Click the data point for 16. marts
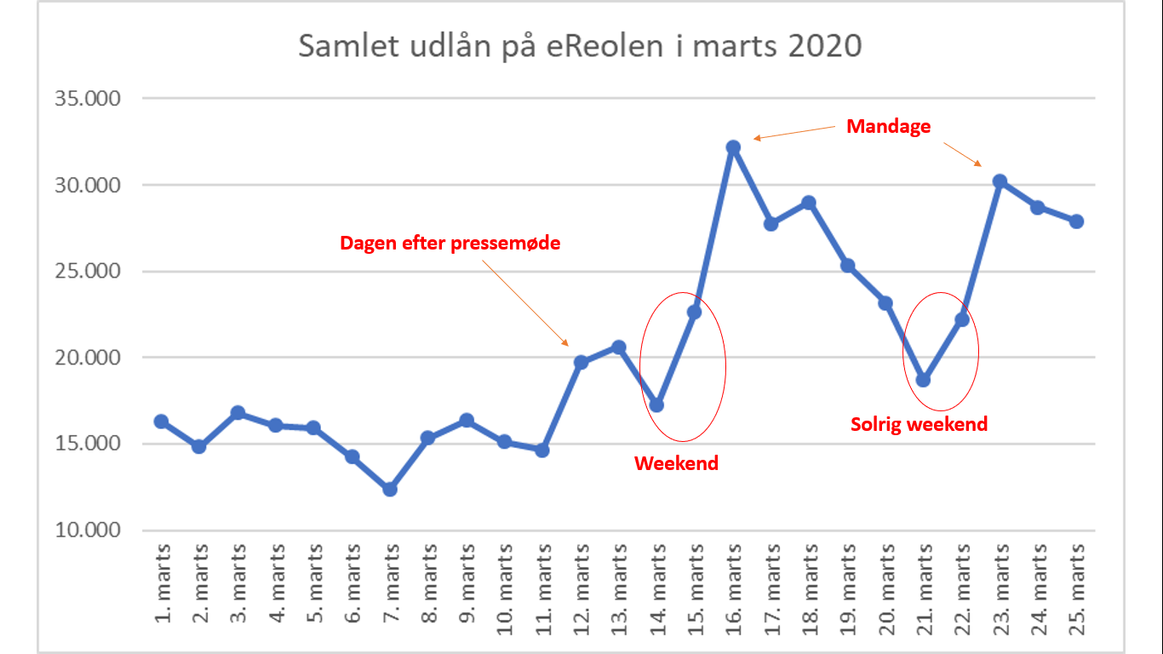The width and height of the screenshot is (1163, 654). [733, 147]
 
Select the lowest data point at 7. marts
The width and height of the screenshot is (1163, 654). [390, 489]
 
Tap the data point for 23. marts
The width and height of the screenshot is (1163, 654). [1000, 181]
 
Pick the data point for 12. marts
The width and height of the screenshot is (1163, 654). [581, 363]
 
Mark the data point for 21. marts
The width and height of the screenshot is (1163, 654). [924, 380]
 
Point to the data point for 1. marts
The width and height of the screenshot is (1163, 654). [161, 422]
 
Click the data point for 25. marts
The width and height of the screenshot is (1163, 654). [1077, 221]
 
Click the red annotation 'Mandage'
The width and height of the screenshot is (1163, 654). [888, 127]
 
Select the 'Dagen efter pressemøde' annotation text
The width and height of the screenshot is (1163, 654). [450, 243]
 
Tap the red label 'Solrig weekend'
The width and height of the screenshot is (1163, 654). [919, 424]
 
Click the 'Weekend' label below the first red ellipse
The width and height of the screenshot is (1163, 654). [676, 463]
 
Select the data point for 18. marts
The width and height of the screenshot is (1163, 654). [809, 203]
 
